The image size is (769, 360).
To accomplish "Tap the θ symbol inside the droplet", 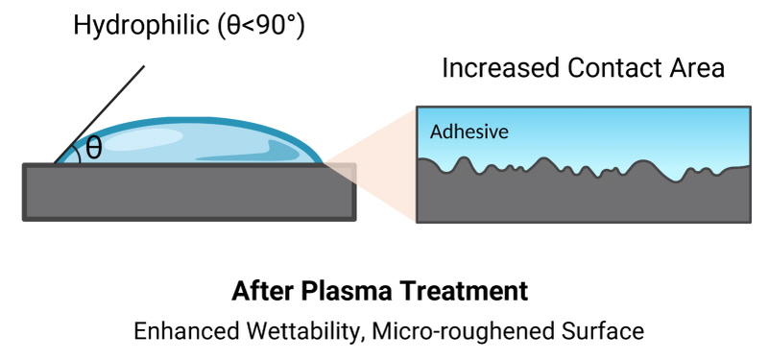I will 94,148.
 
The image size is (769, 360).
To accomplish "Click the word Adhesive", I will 469,132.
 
